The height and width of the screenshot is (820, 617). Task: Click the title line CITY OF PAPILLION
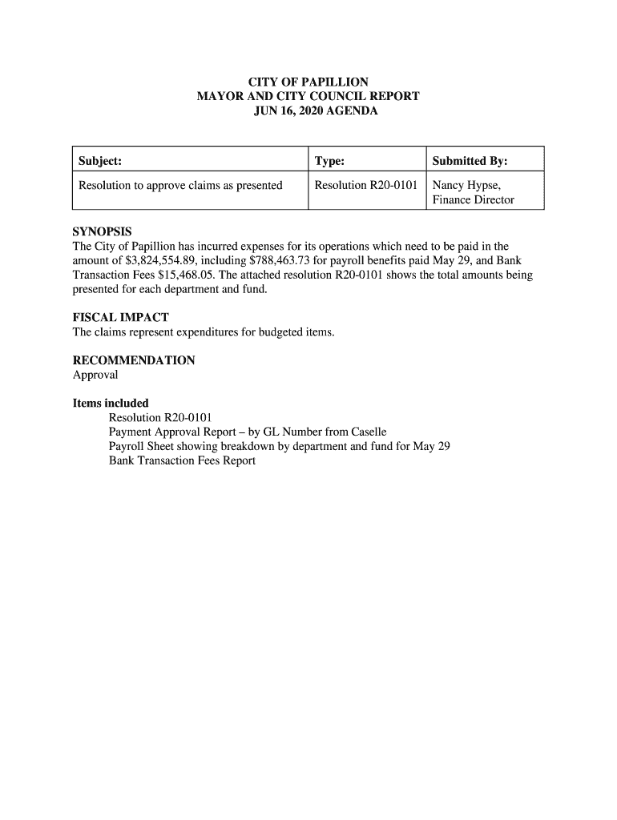(308, 82)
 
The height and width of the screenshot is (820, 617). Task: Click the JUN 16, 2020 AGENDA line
(308, 111)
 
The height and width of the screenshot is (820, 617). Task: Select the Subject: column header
(100, 162)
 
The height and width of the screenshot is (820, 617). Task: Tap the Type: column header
(329, 162)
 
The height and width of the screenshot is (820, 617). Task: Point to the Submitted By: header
(470, 162)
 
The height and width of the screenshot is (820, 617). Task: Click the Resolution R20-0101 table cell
(366, 186)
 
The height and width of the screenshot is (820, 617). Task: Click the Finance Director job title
(473, 200)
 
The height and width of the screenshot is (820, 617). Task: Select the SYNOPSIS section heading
(102, 231)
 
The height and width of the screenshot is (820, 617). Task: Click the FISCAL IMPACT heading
(120, 317)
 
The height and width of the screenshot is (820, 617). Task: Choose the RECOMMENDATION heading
(134, 360)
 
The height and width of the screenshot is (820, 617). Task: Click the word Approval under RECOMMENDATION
(95, 375)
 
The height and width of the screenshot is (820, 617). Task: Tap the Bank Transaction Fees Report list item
(182, 461)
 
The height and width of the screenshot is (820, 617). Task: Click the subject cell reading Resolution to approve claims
(180, 186)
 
